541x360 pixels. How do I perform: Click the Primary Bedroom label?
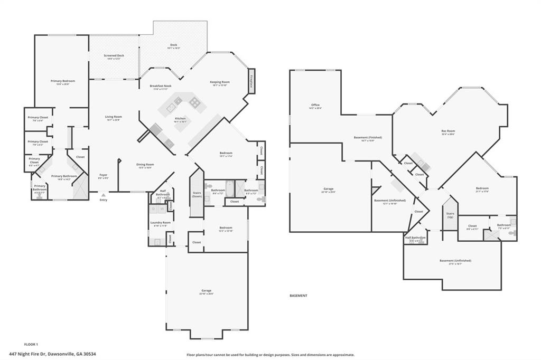(63, 81)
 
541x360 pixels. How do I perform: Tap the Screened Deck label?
(114, 56)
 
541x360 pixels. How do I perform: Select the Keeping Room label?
(220, 82)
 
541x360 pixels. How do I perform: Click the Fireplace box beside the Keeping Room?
(251, 81)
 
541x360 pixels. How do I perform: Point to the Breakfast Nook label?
(160, 87)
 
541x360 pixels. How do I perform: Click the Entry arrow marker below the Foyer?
(103, 195)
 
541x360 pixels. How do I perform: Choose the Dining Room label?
(145, 165)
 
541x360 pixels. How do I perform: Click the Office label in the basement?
(315, 106)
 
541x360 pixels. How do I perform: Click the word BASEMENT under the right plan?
(299, 296)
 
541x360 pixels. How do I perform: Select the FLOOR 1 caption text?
(31, 344)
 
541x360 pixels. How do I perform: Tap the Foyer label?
(103, 176)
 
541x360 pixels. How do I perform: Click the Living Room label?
(113, 118)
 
